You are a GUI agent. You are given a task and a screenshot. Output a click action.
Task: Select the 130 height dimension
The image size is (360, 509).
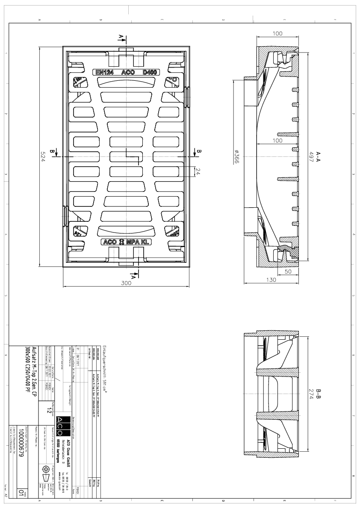[273, 280]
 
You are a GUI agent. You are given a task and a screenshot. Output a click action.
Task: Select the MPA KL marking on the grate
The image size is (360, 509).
[139, 242]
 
